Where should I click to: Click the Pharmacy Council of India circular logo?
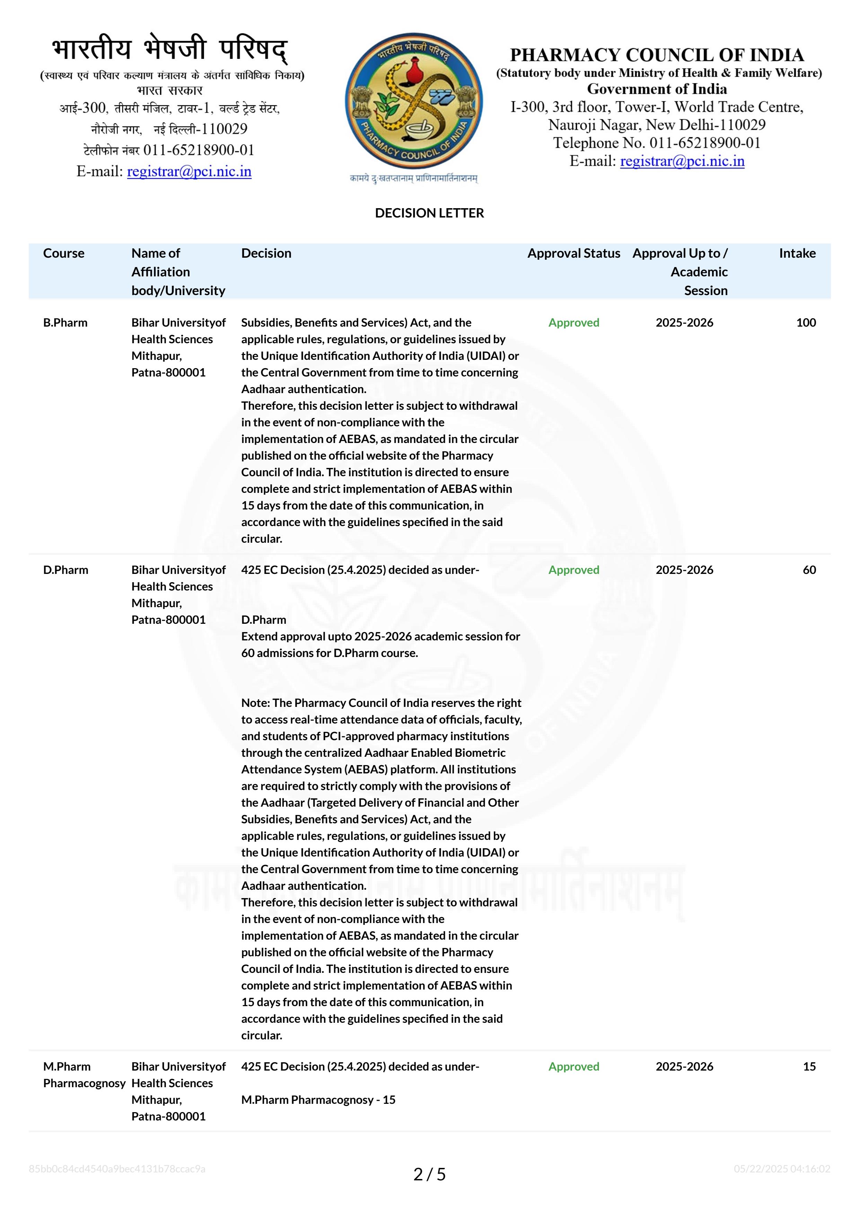[413, 101]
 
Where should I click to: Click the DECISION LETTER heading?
[429, 213]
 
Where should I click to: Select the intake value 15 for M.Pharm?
[809, 1066]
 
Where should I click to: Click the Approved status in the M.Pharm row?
[574, 1066]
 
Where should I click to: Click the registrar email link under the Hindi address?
[189, 171]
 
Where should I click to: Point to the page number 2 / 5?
[429, 1174]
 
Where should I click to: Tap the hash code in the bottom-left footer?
[117, 1169]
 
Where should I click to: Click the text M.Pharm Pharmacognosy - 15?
[318, 1100]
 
